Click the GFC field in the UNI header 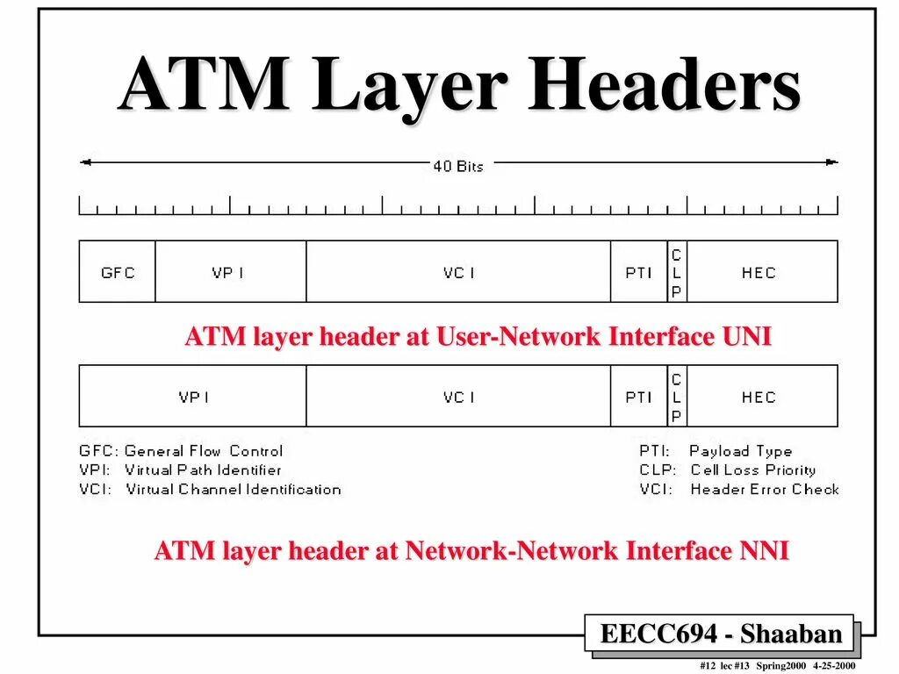[118, 272]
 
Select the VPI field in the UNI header [230, 272]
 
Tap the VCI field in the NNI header [458, 397]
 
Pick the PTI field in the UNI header [638, 272]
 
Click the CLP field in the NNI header [676, 397]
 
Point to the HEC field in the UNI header [759, 272]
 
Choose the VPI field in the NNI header [194, 397]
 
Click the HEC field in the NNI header [759, 397]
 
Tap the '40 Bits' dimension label [457, 165]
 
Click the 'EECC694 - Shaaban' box [720, 633]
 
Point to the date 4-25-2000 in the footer [833, 666]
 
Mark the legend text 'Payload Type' [740, 451]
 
